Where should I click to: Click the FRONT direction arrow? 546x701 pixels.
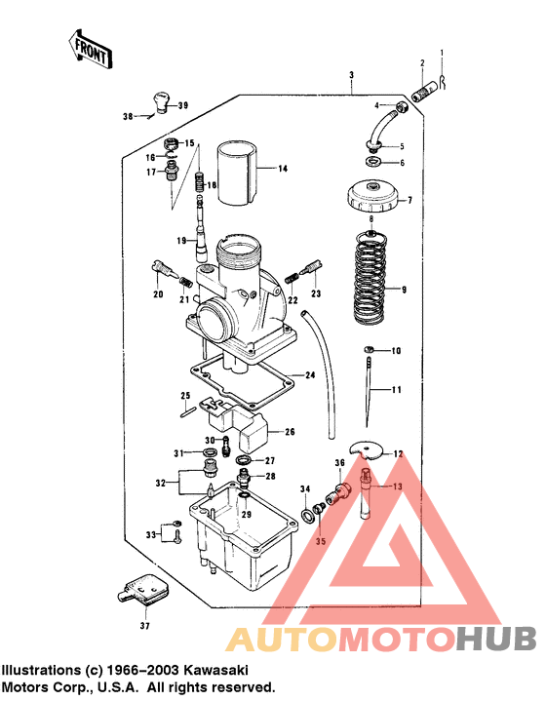click(88, 49)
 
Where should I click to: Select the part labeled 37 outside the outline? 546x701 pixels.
click(142, 591)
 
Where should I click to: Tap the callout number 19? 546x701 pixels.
click(180, 241)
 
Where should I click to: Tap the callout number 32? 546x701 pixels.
click(161, 482)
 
